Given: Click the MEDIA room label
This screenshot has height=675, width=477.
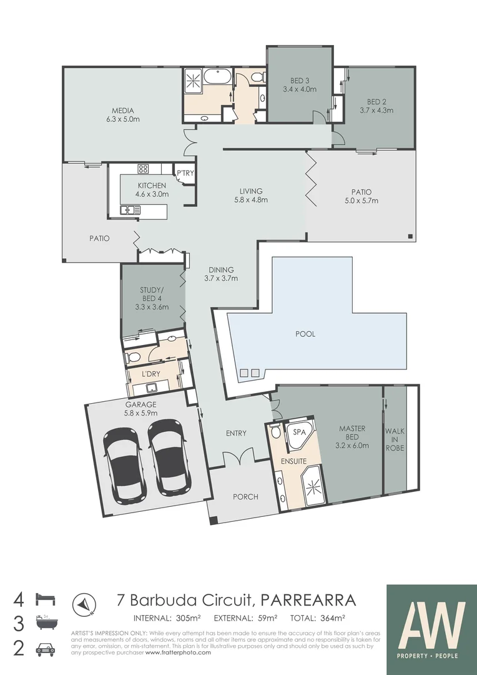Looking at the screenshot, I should (x=123, y=111).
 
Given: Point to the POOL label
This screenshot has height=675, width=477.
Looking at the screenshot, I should (x=305, y=334).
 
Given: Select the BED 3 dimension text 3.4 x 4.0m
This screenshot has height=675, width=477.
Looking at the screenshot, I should (x=299, y=89).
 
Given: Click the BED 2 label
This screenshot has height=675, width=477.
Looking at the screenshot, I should (x=375, y=102).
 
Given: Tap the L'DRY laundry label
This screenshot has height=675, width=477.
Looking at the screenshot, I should (x=149, y=374).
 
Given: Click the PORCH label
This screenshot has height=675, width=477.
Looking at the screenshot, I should (x=245, y=497).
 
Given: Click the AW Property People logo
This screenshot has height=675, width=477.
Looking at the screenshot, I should (x=432, y=625).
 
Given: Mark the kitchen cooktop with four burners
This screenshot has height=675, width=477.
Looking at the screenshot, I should (x=143, y=169).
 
